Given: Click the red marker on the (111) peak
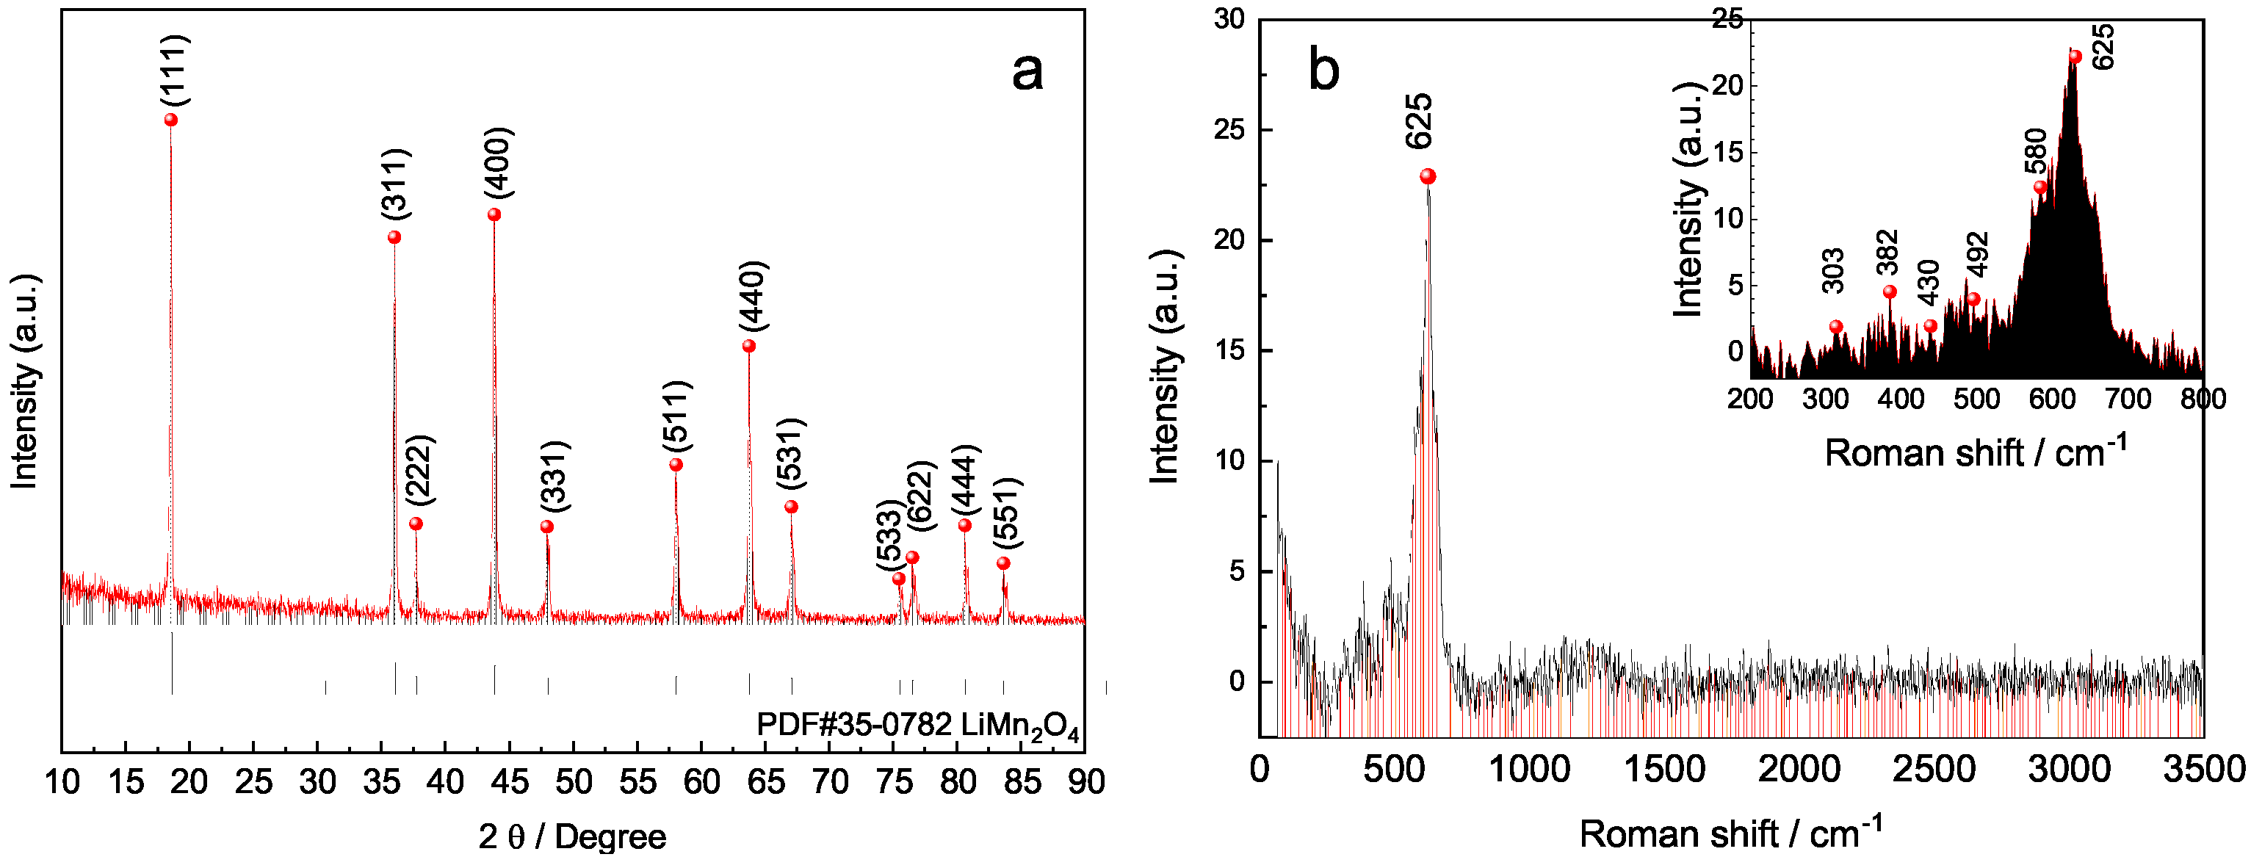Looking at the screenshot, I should [x=170, y=120].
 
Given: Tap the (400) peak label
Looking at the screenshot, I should [x=498, y=164].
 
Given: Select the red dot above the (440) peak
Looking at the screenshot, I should [x=749, y=346].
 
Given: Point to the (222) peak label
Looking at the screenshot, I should [x=419, y=469].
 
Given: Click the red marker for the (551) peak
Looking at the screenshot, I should [x=1003, y=564].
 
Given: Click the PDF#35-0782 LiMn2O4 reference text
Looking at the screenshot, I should [x=917, y=726].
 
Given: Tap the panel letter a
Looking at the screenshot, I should [x=1027, y=72].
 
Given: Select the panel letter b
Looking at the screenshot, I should [x=1324, y=70].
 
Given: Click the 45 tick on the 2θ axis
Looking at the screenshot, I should [x=510, y=781].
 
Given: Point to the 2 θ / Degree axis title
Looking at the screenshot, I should [x=572, y=837].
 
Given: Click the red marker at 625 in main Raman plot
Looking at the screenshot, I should [x=1428, y=176].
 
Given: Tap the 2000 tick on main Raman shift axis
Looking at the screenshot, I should [x=1799, y=769].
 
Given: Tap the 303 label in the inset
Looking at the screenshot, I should [x=1833, y=270].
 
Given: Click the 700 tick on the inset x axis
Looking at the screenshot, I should [x=2127, y=399].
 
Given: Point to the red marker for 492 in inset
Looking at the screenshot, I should [x=1973, y=300].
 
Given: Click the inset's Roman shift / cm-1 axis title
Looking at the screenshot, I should [x=1975, y=453].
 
